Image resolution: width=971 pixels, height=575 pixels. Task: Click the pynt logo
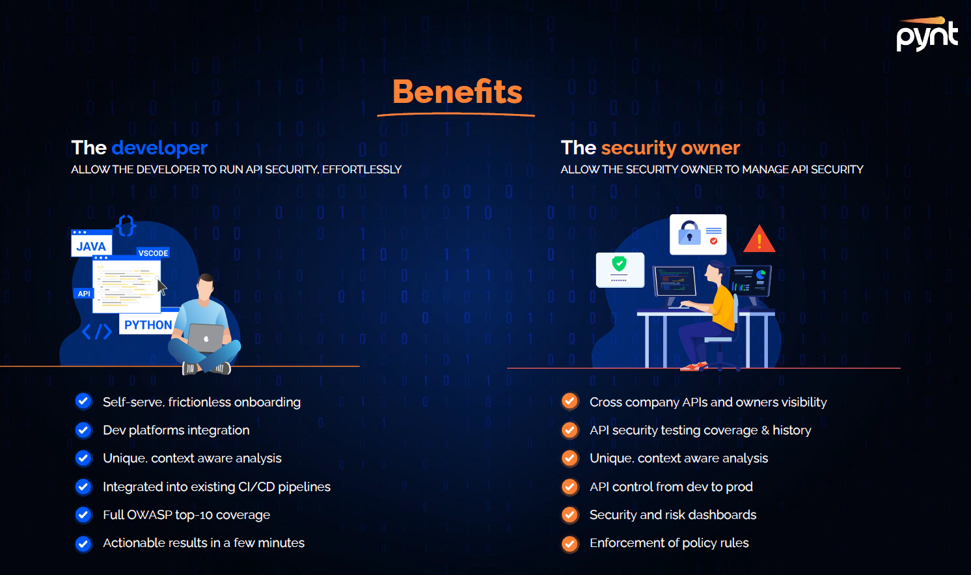[x=927, y=35]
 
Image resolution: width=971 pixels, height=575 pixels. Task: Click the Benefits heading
[x=457, y=92]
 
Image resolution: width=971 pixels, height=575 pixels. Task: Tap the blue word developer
[x=159, y=148]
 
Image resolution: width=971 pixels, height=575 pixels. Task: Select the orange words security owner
[x=670, y=148]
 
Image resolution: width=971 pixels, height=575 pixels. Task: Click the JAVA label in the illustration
[x=91, y=246]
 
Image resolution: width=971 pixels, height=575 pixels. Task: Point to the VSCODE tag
[x=153, y=253]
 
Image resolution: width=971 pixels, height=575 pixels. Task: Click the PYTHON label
[x=148, y=325]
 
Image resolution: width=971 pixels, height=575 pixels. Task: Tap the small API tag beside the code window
[x=84, y=294]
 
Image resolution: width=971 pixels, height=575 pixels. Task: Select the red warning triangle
[x=759, y=240]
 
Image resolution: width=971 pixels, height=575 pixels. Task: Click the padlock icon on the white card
[x=689, y=233]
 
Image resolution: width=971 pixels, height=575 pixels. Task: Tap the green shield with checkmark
[x=619, y=264]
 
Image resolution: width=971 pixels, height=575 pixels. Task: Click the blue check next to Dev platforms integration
[x=83, y=430]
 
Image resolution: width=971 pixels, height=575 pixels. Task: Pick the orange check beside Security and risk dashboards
[x=569, y=514]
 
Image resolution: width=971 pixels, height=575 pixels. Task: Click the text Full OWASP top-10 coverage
[x=186, y=514]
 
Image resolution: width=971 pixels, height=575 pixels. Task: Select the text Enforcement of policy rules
[x=669, y=542]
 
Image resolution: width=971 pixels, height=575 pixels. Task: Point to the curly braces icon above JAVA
[x=126, y=225]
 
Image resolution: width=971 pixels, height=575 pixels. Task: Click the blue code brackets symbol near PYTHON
[x=97, y=332]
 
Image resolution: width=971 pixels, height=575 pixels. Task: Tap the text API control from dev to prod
[x=671, y=486]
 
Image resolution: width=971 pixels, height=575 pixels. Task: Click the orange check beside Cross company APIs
[x=569, y=402]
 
